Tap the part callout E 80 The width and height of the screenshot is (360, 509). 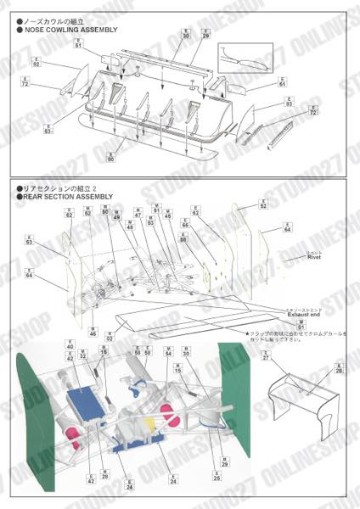pyautogui.click(x=110, y=155)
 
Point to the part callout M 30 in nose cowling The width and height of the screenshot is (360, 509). pyautogui.click(x=185, y=34)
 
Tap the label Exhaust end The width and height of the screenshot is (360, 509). pyautogui.click(x=302, y=314)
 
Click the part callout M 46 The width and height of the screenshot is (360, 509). pyautogui.click(x=93, y=332)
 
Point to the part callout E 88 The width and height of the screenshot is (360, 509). pyautogui.click(x=183, y=238)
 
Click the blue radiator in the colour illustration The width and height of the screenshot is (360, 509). pyautogui.click(x=85, y=400)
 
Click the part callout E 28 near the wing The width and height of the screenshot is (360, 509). pyautogui.click(x=339, y=368)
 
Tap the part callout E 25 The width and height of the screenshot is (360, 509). pyautogui.click(x=217, y=476)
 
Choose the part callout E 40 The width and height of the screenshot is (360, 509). pyautogui.click(x=70, y=345)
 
